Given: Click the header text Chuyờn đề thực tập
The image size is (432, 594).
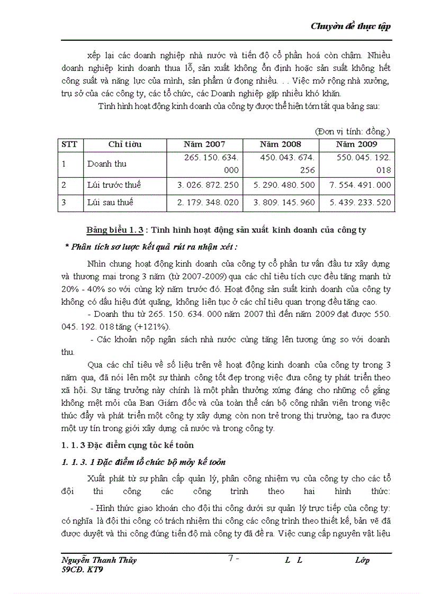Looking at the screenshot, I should click(351, 26).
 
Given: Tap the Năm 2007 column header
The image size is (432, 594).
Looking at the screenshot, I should click(204, 144).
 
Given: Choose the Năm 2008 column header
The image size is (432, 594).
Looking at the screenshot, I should click(281, 144).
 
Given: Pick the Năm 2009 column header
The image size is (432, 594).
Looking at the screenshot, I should click(356, 144).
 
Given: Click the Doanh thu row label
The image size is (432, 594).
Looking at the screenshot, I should click(107, 164).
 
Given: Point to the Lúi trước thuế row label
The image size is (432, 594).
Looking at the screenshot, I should click(114, 185).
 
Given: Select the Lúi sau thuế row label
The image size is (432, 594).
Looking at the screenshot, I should click(110, 202).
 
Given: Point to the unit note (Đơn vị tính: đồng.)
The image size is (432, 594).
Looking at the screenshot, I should click(352, 131).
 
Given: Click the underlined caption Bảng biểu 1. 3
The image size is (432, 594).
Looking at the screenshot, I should click(114, 230).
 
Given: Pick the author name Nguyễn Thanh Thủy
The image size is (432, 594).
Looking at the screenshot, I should click(99, 560).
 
